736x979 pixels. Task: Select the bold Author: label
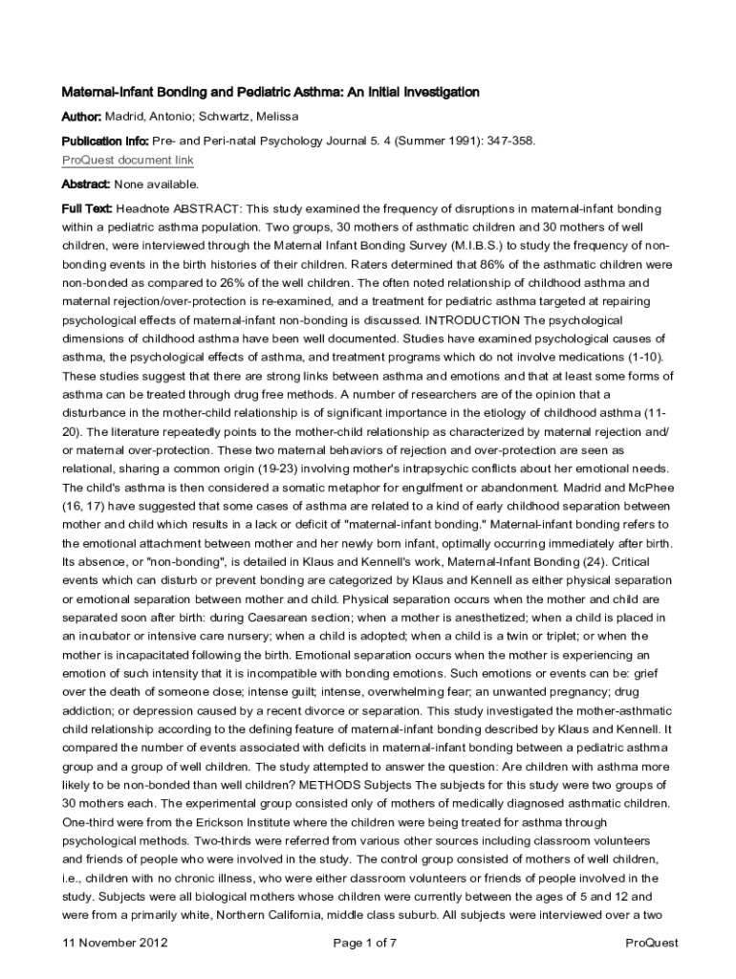82,117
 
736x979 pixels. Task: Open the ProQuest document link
127,160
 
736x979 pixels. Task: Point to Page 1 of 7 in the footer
364,943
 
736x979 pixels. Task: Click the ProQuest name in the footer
651,943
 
